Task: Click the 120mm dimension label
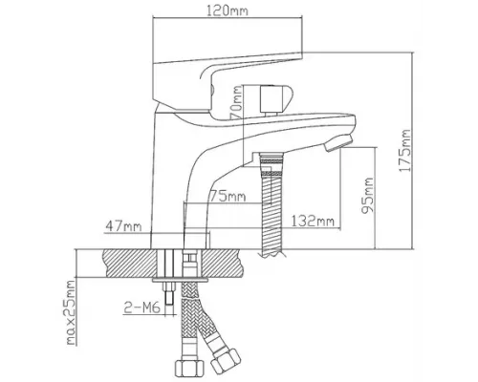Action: (228, 11)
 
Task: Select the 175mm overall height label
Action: (404, 151)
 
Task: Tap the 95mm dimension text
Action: (367, 196)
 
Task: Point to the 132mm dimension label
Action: (313, 221)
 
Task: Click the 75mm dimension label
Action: (228, 197)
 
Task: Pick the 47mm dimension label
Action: (123, 226)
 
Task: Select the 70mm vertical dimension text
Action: (237, 102)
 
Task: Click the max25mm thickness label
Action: (71, 312)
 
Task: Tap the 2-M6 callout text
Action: (141, 308)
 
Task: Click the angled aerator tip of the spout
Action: (337, 143)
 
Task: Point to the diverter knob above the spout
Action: (275, 98)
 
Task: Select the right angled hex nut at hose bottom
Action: (226, 361)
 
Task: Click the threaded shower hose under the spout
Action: (272, 204)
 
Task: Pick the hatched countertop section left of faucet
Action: (130, 263)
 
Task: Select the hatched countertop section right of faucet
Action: (223, 263)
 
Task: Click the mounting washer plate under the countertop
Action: (180, 280)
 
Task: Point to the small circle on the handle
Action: (211, 90)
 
